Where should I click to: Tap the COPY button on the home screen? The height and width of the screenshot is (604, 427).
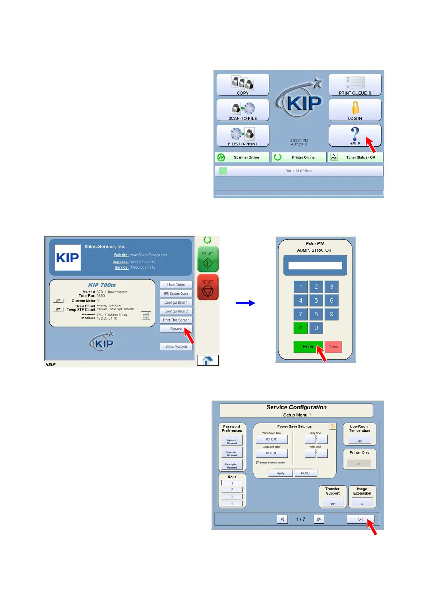coord(243,85)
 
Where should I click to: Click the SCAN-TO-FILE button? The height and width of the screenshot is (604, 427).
coord(243,110)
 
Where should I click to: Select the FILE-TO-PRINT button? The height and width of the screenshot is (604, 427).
coord(243,136)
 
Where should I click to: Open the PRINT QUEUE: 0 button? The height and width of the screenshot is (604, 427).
coord(355,85)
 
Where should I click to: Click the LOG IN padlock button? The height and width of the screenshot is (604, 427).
coord(355,110)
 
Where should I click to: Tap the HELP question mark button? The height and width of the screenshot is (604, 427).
coord(355,136)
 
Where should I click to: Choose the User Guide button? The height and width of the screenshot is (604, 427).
coord(176,285)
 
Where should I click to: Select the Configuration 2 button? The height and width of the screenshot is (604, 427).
coord(176,311)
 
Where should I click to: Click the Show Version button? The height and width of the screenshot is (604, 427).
coord(176,346)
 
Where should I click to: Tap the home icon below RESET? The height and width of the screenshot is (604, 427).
coord(208,360)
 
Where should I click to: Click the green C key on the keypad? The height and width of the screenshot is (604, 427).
coord(301,328)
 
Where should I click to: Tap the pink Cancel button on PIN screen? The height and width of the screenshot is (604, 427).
coord(333,347)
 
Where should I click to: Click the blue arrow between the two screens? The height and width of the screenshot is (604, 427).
coord(245,303)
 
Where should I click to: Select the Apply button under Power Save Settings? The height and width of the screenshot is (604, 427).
coord(281,473)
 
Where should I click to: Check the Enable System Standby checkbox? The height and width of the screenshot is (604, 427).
coord(258,463)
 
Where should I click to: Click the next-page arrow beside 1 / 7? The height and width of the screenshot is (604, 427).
coord(319,519)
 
